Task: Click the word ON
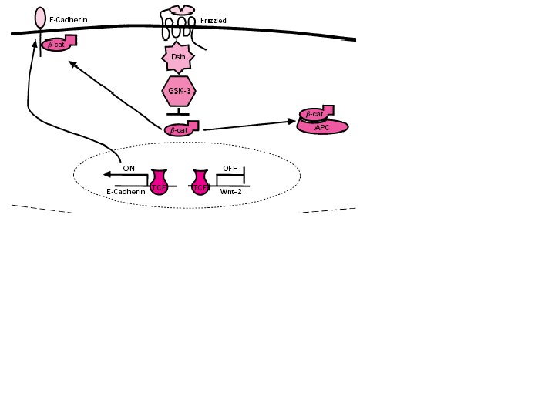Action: (129, 168)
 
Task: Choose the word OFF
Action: (230, 168)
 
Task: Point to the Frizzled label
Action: (213, 21)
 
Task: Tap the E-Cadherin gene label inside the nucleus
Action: (126, 192)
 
